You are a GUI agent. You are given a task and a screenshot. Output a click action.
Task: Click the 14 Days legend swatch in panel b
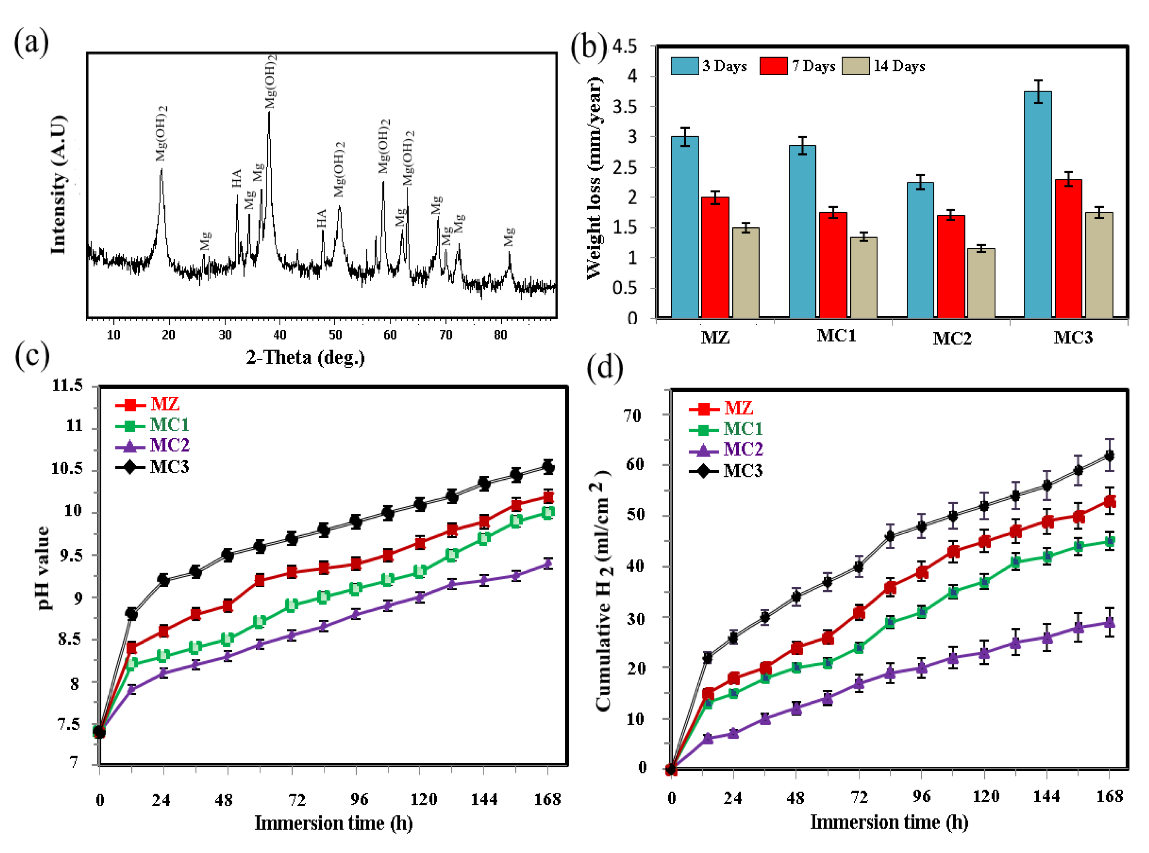click(855, 66)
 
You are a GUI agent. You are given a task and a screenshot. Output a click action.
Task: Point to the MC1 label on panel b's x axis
click(836, 336)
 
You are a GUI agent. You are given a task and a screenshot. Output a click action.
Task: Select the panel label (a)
click(31, 42)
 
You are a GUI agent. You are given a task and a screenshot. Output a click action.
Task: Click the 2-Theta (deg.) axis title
click(305, 357)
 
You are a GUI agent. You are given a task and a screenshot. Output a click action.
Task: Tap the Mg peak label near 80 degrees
click(509, 237)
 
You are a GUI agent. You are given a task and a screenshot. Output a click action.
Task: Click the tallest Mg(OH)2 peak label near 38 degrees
click(270, 81)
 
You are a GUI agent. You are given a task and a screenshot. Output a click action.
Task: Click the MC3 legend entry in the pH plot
click(169, 467)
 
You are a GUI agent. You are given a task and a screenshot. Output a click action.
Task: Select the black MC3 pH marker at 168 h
click(548, 467)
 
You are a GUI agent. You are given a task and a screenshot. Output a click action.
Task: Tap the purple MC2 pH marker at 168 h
click(548, 563)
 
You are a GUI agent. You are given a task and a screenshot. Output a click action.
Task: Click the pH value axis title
click(43, 568)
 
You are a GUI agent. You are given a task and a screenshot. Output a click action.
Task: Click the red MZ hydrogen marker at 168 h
click(1109, 501)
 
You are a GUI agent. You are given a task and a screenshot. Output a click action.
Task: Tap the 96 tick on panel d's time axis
click(921, 797)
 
